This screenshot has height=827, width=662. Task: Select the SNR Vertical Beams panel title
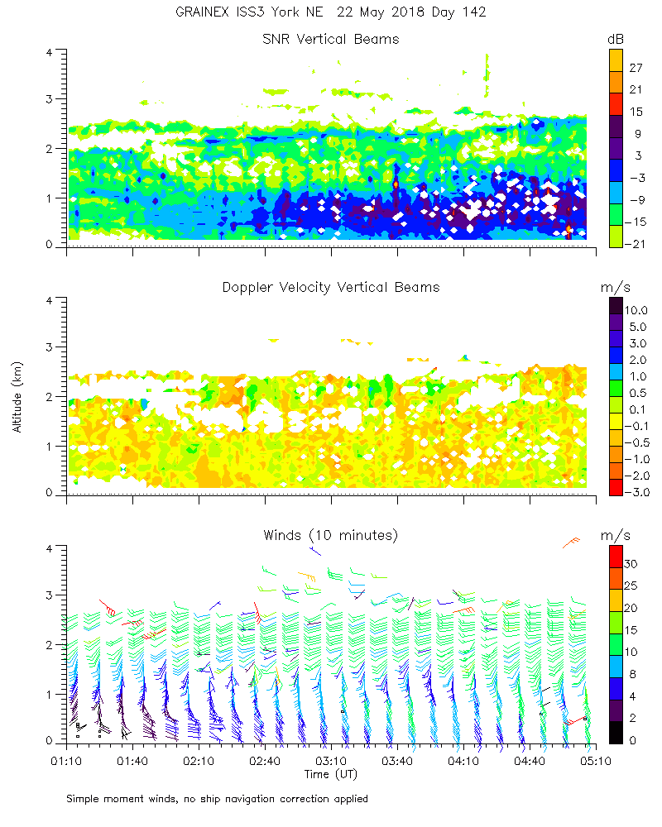(330, 39)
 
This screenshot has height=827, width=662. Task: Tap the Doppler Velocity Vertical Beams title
(330, 287)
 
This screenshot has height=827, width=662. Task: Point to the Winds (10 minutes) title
(330, 535)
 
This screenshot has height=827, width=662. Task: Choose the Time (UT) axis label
(330, 774)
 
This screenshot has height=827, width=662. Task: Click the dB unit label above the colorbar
(616, 39)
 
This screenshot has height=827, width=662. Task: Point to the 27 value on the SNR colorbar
(636, 69)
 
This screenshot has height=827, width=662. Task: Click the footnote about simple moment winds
(217, 799)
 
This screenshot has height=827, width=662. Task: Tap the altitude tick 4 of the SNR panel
(50, 52)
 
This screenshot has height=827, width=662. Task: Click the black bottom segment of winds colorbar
(616, 733)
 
